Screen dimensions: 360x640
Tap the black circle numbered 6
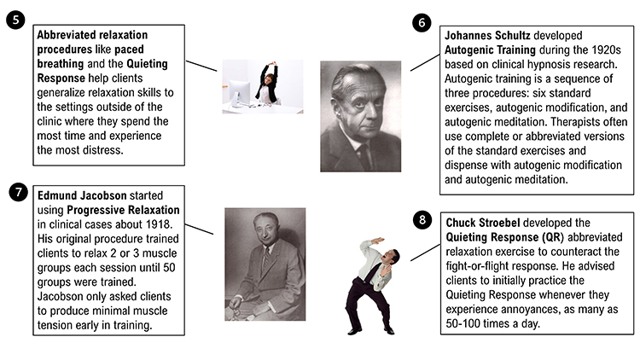tap(422, 22)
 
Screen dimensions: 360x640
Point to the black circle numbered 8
tap(421, 220)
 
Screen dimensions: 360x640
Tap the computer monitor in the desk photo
tap(237, 87)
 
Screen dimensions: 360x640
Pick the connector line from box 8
tap(422, 249)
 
